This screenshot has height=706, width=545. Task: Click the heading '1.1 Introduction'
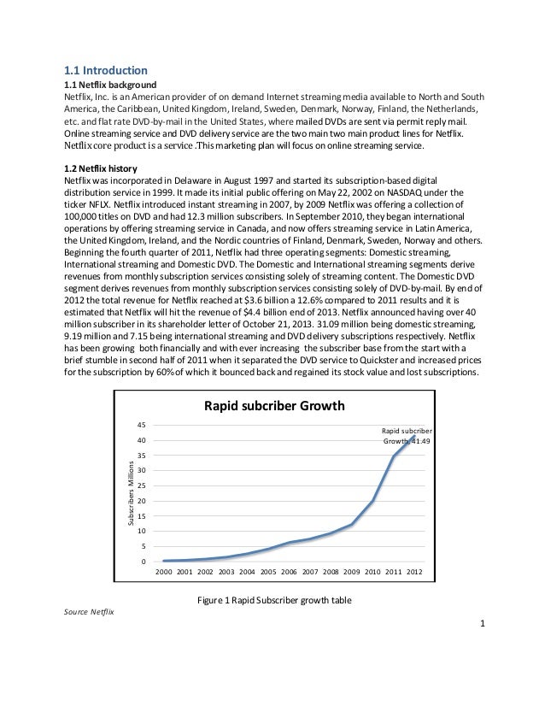107,70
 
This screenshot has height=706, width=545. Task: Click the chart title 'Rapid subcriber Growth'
273,405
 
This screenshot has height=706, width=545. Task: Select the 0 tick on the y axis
144,562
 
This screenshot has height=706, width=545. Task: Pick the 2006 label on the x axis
289,572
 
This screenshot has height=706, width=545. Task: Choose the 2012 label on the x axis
413,572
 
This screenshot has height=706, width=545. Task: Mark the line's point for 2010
373,501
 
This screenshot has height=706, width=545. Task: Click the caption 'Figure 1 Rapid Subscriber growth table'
273,600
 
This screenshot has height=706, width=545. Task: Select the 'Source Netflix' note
89,613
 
